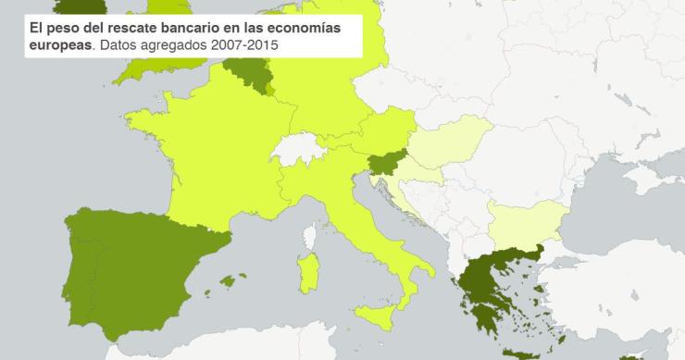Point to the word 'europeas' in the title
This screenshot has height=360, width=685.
tap(61, 44)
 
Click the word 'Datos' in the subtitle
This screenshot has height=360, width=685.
tap(119, 44)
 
